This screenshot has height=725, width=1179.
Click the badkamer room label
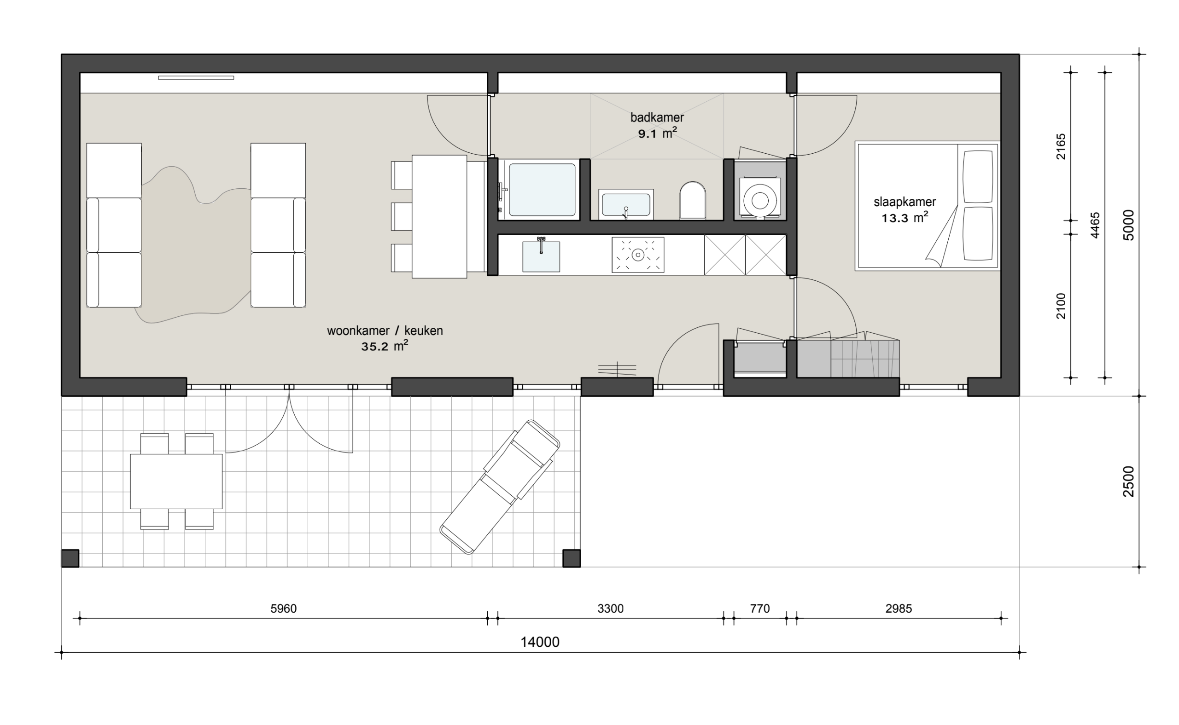[x=657, y=117]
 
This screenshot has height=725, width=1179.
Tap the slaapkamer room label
[x=905, y=202]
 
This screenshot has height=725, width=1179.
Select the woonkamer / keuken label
[x=385, y=331]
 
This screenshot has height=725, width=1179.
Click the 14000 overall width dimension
[x=540, y=642]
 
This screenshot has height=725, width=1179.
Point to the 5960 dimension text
[x=284, y=609]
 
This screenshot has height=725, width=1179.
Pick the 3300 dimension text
[x=611, y=609]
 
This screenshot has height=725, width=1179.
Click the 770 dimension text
[x=760, y=609]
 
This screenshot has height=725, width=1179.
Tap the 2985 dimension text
[x=899, y=609]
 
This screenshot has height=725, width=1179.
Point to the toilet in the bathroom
[x=693, y=200]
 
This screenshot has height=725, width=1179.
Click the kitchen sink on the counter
[x=541, y=256]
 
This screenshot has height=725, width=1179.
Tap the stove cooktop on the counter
[x=638, y=255]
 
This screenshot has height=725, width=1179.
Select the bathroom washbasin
[x=626, y=204]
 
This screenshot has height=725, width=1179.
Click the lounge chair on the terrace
[x=500, y=487]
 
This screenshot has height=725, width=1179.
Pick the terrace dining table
[x=176, y=481]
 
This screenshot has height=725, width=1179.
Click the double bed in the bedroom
[x=928, y=206]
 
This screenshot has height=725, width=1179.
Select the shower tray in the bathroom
[x=542, y=190]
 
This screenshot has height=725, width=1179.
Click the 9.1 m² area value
[x=658, y=133]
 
